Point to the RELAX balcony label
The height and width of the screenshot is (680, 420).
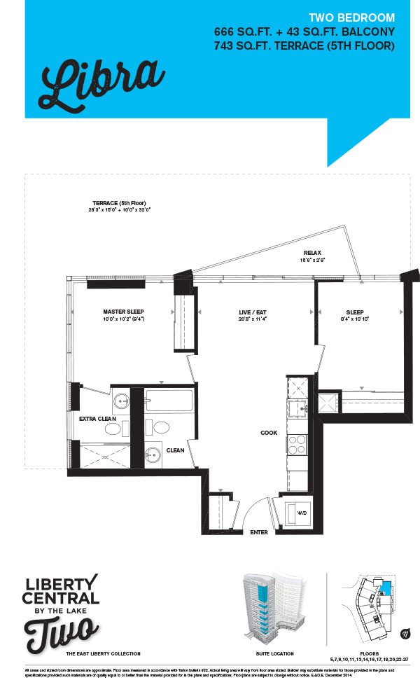click(312, 253)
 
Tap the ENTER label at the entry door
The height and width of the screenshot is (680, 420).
click(259, 532)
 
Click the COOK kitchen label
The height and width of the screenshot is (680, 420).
click(269, 433)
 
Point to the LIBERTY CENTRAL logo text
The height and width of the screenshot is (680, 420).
click(61, 590)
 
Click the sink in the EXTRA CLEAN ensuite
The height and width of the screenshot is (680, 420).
click(121, 403)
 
